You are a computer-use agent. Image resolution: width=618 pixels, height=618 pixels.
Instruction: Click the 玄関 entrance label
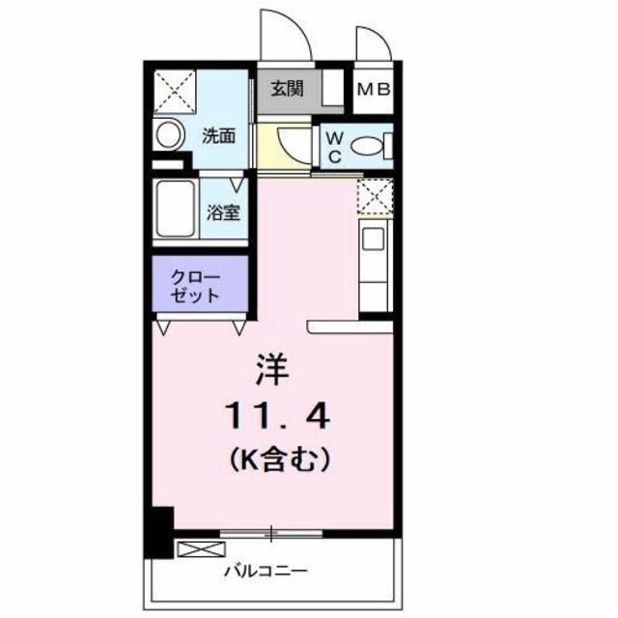pos(287,90)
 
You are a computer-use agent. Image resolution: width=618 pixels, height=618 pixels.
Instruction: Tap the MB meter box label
pos(374,90)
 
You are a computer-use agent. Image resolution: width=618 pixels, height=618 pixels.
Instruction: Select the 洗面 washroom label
pos(218,135)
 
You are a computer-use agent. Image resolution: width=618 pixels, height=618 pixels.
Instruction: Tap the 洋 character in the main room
pos(273,369)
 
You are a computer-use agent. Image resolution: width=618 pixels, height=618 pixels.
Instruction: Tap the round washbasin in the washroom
pos(169,134)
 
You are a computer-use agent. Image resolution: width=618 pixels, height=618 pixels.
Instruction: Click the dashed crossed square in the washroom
pos(175,92)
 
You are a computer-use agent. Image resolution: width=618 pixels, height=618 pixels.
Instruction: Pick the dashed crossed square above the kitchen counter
pos(375,197)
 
